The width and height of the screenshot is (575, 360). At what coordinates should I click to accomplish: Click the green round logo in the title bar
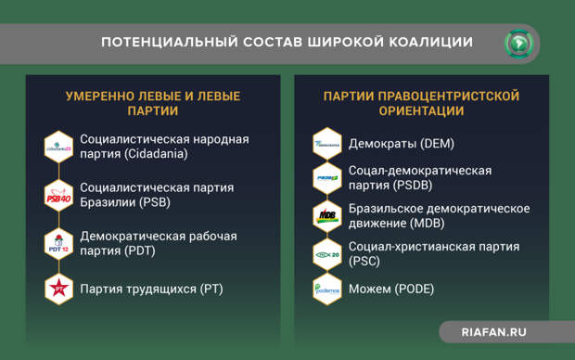click(x=518, y=43)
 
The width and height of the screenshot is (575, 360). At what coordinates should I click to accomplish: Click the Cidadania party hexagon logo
click(x=58, y=147)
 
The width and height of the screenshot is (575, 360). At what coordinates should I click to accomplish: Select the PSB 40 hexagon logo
click(x=58, y=196)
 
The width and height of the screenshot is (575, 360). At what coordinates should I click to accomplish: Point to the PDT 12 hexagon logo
click(x=58, y=244)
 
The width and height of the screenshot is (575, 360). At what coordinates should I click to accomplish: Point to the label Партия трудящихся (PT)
click(x=151, y=289)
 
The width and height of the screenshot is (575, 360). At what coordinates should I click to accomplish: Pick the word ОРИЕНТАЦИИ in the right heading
click(x=421, y=111)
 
